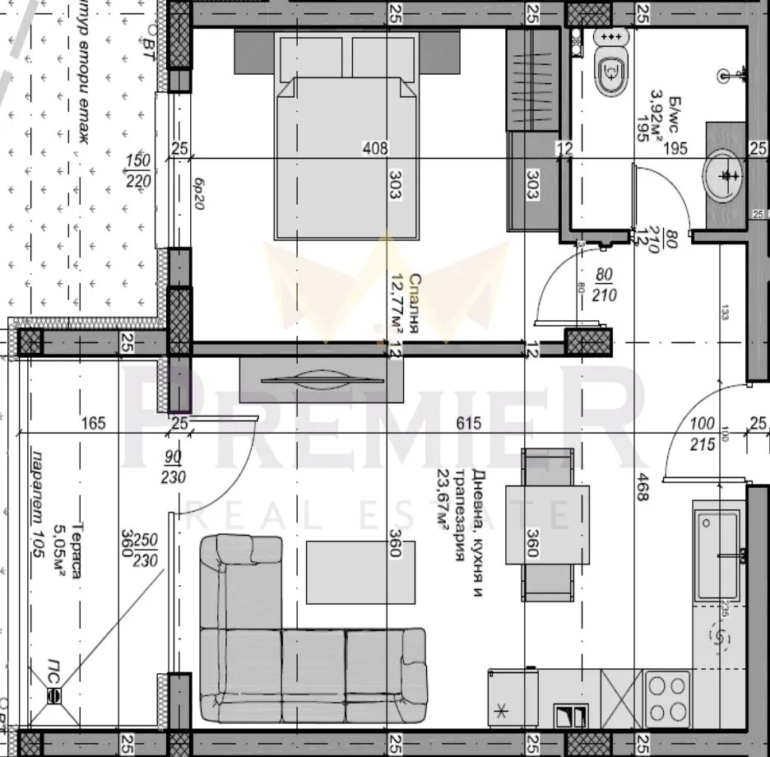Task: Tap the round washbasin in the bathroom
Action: [x=724, y=174]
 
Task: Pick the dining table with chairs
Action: [x=547, y=525]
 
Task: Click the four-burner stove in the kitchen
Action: [x=667, y=699]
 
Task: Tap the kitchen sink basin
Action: [x=718, y=555]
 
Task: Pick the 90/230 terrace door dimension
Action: [x=174, y=467]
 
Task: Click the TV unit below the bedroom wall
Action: [x=321, y=379]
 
